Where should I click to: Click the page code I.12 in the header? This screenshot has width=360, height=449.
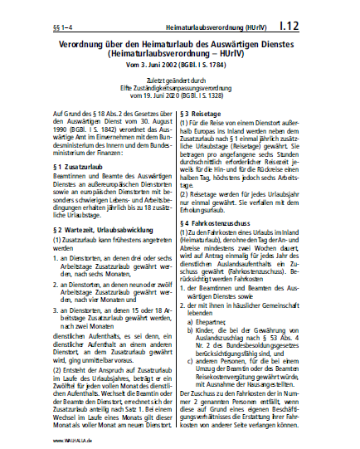point(330,17)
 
